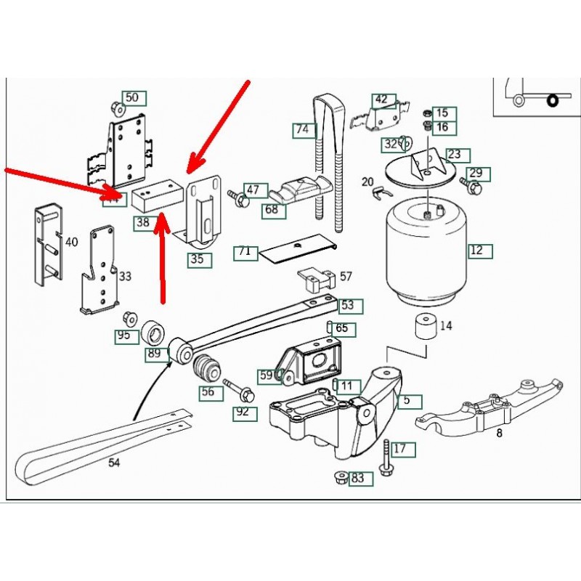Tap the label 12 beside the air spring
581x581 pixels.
(479, 251)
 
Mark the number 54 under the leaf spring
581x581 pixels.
(113, 463)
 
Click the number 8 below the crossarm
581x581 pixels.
(499, 434)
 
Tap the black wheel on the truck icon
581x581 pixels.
(553, 99)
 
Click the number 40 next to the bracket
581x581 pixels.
(71, 243)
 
